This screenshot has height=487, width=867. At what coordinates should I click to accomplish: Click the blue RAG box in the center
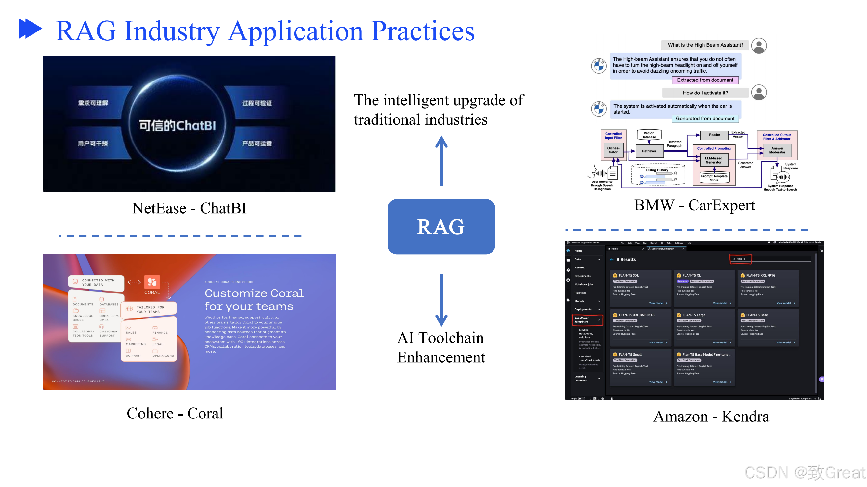point(441,227)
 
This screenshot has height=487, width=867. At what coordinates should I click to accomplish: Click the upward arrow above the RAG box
point(441,161)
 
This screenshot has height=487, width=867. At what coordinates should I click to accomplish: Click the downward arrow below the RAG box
point(441,300)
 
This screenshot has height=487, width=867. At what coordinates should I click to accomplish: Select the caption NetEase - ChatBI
point(189,208)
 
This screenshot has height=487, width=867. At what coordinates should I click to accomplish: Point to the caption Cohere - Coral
point(175,413)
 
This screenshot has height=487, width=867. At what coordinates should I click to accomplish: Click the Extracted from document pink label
point(705,80)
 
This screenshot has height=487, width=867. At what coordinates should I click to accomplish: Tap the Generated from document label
point(705,119)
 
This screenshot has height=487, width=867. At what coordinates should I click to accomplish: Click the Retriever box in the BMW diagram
point(649,151)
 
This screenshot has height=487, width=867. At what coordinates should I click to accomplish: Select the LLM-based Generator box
point(714,160)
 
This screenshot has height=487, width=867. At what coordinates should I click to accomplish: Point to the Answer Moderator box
point(777,150)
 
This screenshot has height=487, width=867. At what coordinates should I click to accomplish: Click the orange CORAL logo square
point(152,282)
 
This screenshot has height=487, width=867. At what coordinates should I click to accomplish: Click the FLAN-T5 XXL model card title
point(628,275)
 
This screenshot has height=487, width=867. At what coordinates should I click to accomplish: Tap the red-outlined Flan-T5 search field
point(741,259)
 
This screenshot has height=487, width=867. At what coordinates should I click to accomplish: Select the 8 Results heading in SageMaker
point(626,259)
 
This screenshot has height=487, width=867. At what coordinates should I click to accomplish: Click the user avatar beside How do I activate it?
point(759,93)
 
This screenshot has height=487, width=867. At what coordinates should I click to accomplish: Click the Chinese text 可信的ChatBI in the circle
point(177,125)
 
